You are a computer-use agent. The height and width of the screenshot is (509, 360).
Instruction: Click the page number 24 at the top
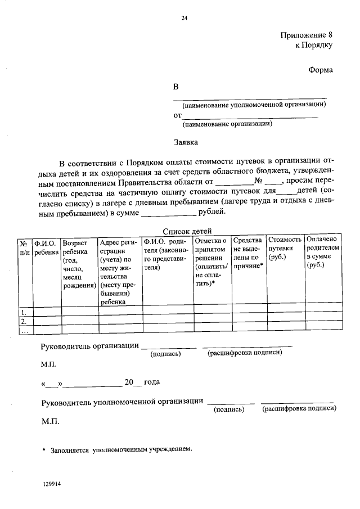(x=184, y=19)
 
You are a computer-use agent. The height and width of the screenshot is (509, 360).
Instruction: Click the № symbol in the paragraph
(x=259, y=181)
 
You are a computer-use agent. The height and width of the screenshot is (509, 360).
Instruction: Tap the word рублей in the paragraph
(x=212, y=212)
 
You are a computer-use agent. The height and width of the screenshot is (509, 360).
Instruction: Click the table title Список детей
(x=187, y=231)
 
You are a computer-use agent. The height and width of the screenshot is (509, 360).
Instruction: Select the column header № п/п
(x=25, y=248)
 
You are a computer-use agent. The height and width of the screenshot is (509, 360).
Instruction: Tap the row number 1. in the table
(x=24, y=312)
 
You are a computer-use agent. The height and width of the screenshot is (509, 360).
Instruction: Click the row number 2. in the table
(x=24, y=321)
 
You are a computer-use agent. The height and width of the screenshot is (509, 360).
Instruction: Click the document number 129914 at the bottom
(x=51, y=483)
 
